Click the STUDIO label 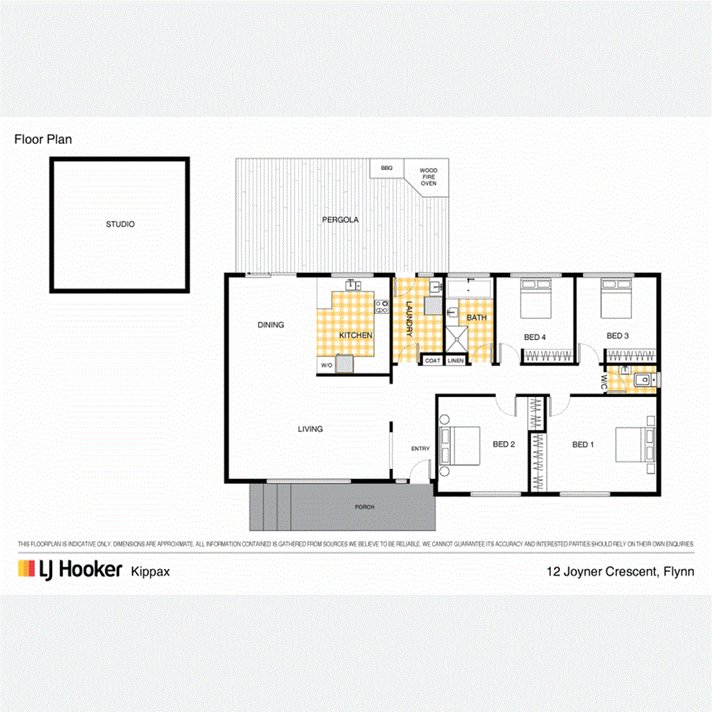(120, 225)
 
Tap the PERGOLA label (339, 220)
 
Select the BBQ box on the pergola (386, 169)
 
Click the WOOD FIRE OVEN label (428, 176)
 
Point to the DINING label (270, 324)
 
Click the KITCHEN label (355, 335)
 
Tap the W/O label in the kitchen (326, 365)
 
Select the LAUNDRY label (409, 320)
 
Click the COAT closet (432, 361)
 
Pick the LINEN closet (456, 361)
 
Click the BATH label (476, 318)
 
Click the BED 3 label (617, 335)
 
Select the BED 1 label (582, 445)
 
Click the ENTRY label (420, 449)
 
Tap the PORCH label (364, 507)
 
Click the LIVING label (310, 430)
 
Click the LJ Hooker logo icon (28, 570)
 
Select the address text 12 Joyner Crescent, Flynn (620, 570)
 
